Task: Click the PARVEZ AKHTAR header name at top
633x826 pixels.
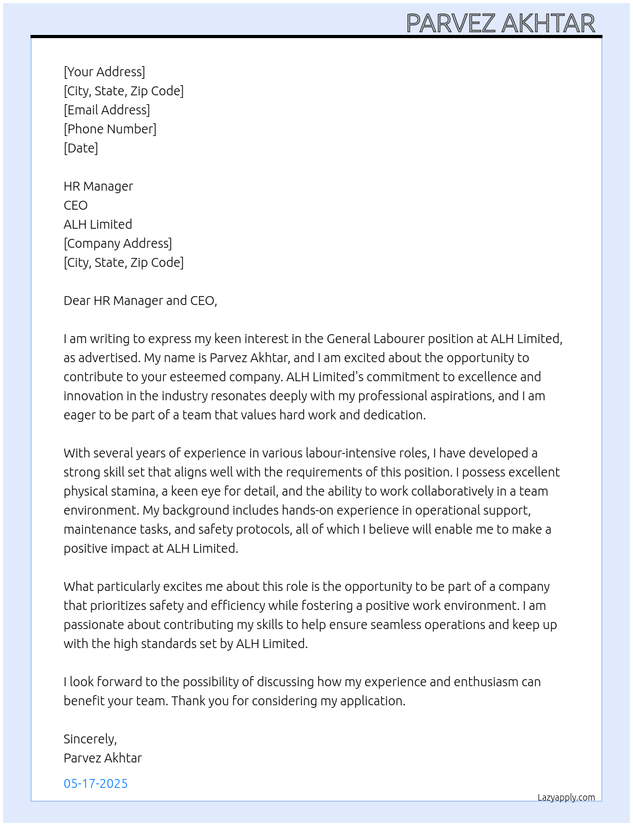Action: pyautogui.click(x=500, y=24)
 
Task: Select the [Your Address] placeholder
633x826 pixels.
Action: pyautogui.click(x=104, y=72)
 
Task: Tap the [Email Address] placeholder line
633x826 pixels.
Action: pyautogui.click(x=107, y=110)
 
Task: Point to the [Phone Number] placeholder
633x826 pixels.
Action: pyautogui.click(x=110, y=129)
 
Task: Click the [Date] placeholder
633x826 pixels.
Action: pyautogui.click(x=81, y=148)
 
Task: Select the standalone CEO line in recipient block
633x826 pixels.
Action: pyautogui.click(x=76, y=205)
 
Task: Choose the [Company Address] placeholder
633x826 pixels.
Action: pyautogui.click(x=118, y=243)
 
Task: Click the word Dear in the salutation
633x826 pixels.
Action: pyautogui.click(x=77, y=301)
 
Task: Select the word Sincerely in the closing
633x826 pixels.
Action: pyautogui.click(x=90, y=739)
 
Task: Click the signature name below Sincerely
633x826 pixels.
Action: pyautogui.click(x=102, y=758)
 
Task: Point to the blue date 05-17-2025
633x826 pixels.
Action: pyautogui.click(x=95, y=783)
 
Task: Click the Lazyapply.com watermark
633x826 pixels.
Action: pyautogui.click(x=566, y=797)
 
